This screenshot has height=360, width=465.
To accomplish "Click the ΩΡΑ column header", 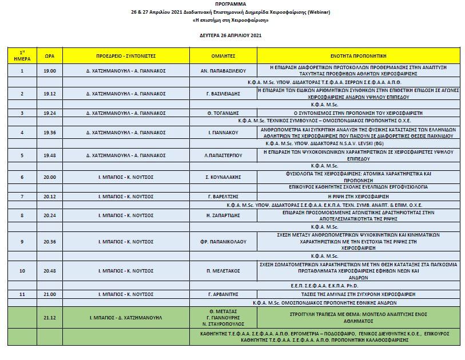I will [50, 56].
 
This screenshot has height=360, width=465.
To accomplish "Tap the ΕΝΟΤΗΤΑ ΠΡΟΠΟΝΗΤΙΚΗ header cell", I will [358, 56].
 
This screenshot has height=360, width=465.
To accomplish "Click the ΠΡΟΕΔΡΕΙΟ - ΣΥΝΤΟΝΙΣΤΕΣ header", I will [126, 56].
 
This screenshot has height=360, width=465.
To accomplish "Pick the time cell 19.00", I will [50, 71].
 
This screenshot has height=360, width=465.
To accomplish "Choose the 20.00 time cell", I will [50, 177].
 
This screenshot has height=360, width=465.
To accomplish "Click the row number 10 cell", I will [22, 270].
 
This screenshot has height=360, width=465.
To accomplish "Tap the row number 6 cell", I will [22, 177].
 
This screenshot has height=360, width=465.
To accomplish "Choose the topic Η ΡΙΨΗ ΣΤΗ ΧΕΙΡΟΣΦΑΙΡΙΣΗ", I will [358, 196].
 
